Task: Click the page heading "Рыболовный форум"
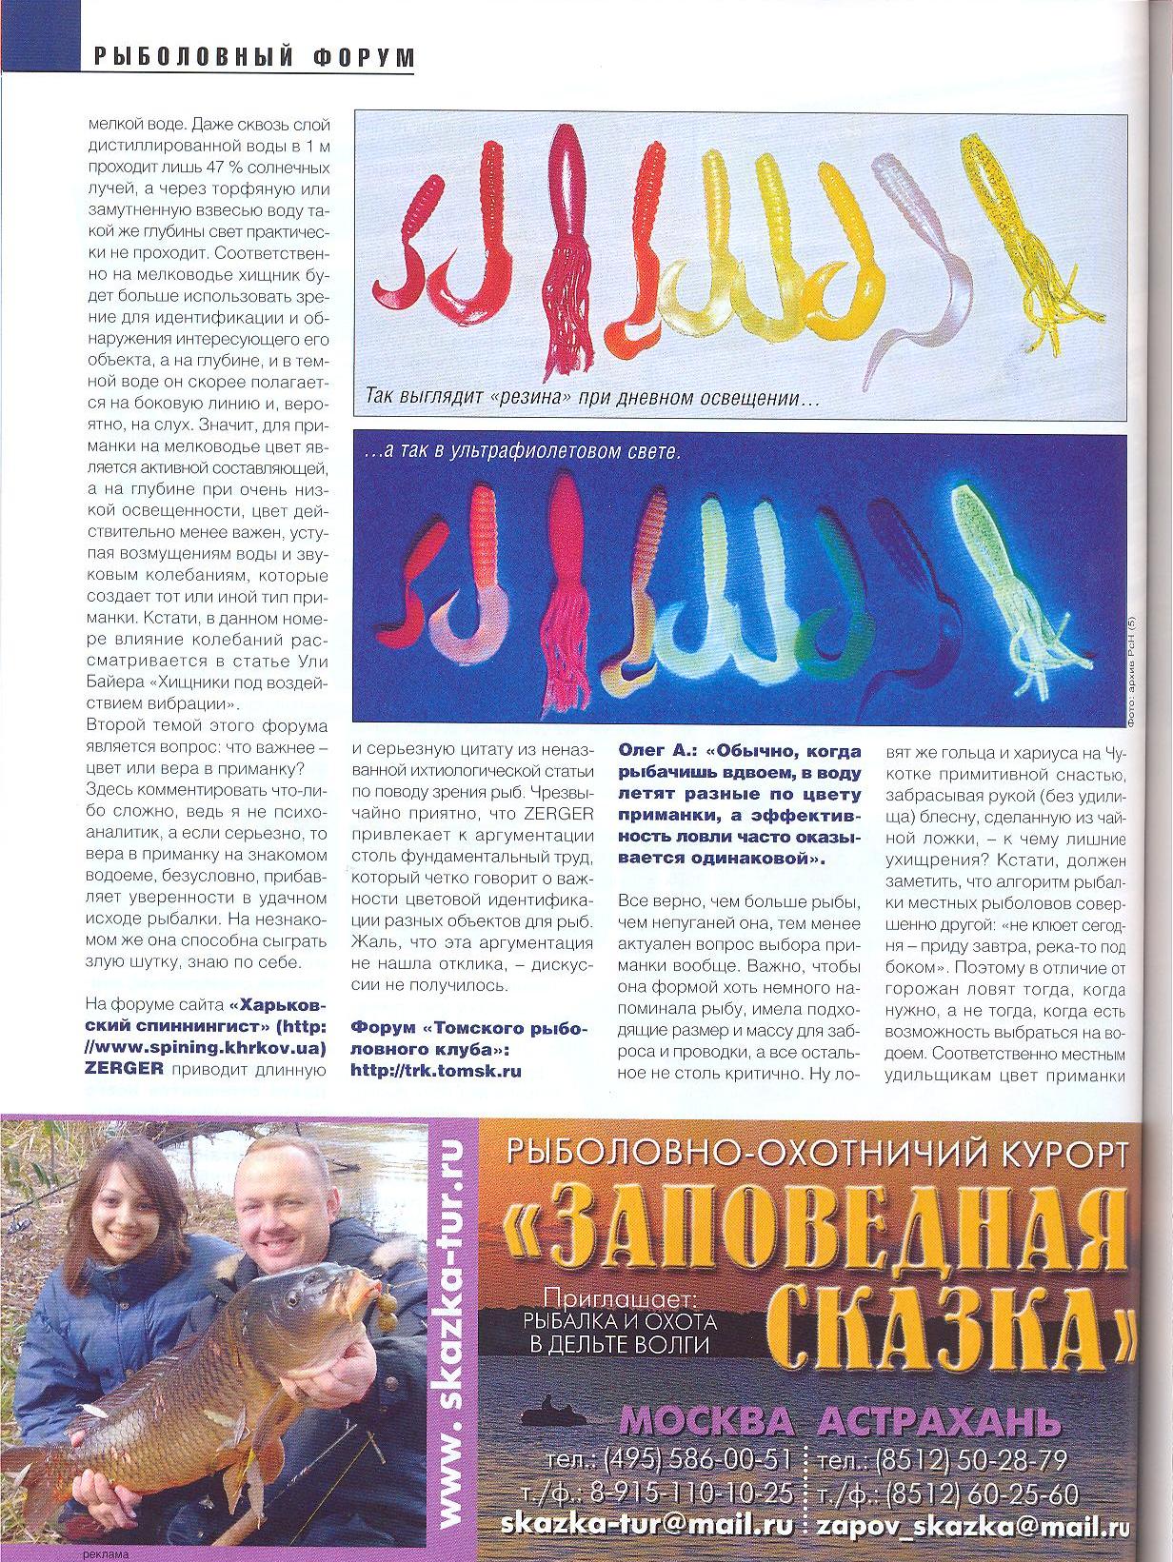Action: coord(255,57)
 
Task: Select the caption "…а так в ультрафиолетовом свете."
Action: coord(524,453)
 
